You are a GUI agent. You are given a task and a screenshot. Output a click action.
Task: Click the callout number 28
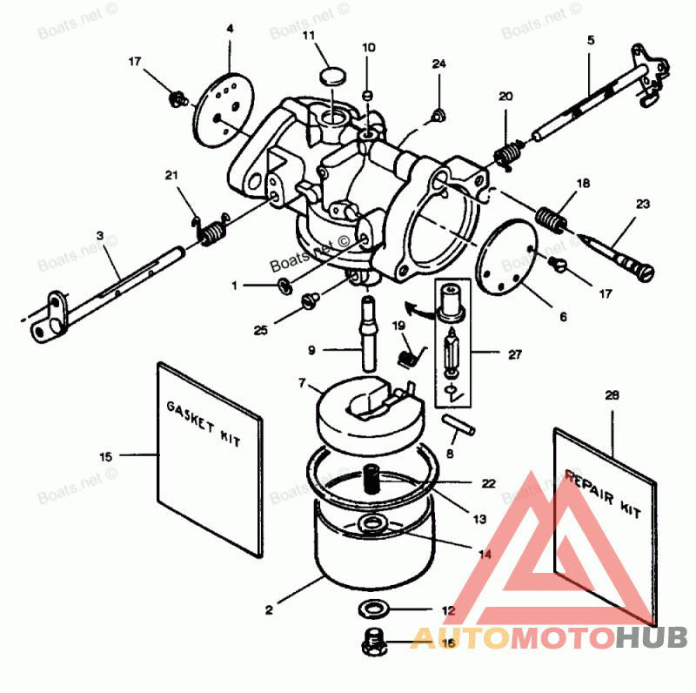tap(612, 395)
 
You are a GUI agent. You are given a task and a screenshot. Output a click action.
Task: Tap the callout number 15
tap(105, 455)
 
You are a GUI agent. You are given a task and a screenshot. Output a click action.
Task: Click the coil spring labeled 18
tap(547, 217)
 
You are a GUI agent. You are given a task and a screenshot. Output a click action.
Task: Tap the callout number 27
tap(517, 355)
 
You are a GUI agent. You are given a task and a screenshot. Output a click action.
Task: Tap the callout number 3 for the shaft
tap(99, 236)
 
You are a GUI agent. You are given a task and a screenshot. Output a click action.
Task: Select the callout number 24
tap(438, 64)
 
